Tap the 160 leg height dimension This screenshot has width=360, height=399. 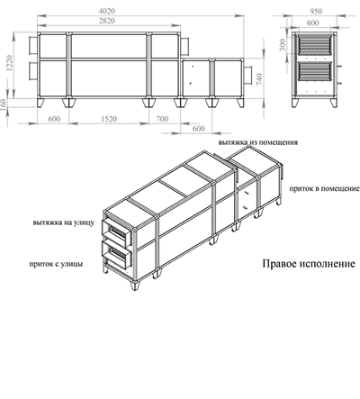tap(7, 104)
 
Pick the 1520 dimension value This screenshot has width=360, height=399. tap(110, 117)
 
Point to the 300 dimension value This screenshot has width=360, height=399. tap(282, 43)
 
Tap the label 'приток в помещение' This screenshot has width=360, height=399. tap(325, 189)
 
